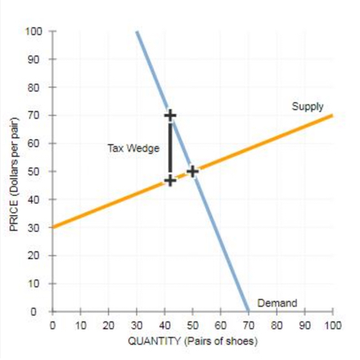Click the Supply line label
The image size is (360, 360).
(308, 106)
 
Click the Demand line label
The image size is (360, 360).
(277, 302)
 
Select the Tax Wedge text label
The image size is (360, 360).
(127, 148)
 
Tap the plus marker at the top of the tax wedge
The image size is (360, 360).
(170, 115)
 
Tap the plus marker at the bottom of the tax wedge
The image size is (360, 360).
(170, 181)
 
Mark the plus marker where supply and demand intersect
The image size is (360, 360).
(192, 171)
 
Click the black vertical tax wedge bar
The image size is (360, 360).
(170, 148)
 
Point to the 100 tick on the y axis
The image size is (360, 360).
(35, 31)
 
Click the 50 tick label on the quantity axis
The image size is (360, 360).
(192, 326)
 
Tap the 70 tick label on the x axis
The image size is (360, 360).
(248, 326)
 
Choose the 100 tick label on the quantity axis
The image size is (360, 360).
(333, 326)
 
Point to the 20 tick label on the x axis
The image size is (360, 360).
(108, 326)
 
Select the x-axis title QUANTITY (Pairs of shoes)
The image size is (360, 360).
(192, 342)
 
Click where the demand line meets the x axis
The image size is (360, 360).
(248, 312)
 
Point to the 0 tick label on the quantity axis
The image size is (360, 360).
(53, 326)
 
